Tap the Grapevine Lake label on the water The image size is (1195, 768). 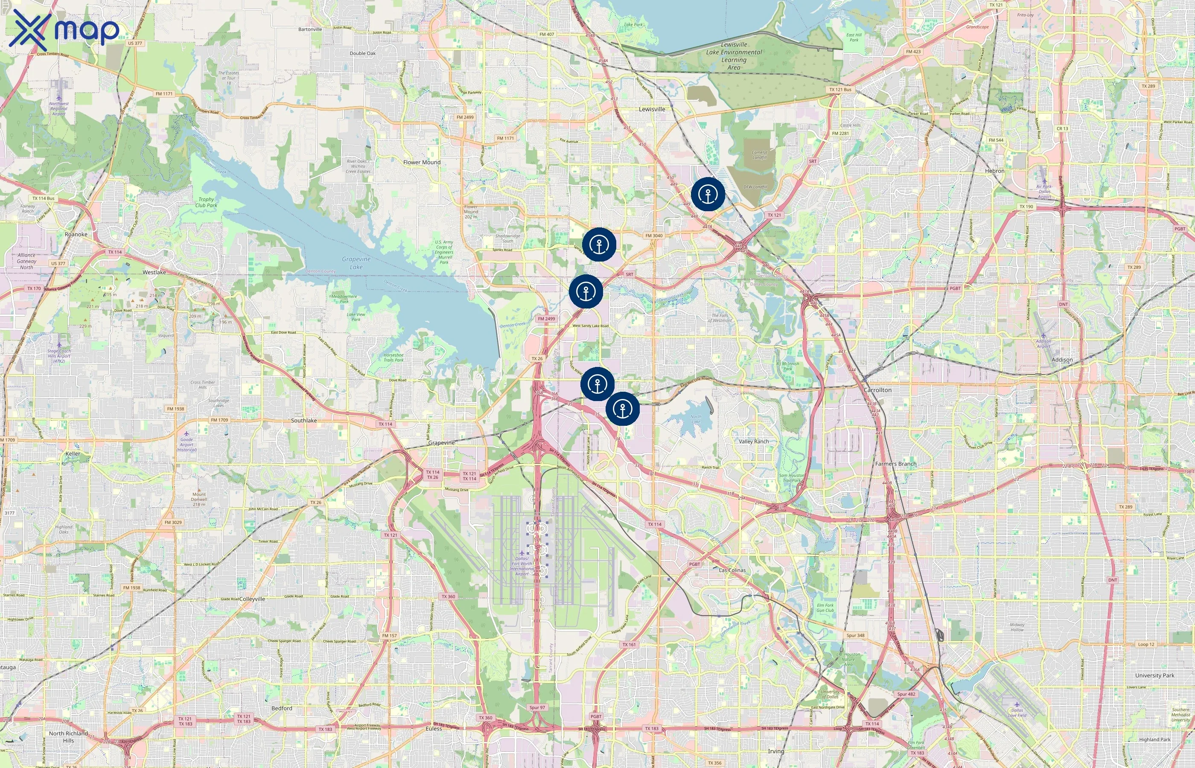356,263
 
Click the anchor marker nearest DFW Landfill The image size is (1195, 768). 708,194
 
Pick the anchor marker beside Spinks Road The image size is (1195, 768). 599,244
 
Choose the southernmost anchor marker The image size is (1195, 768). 622,408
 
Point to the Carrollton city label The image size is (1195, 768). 877,390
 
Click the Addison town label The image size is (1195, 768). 1062,360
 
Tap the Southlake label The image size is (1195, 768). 304,420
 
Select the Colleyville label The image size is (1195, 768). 252,599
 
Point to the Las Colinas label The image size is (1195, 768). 732,570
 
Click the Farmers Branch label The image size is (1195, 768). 896,464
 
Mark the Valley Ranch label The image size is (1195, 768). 754,441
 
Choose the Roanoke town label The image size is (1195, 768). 76,234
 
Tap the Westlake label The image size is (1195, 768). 154,272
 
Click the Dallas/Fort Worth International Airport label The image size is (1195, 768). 522,566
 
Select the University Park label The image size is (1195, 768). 1154,675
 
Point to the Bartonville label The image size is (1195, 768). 310,29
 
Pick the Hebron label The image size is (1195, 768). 994,171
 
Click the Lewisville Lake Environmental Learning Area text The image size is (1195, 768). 734,56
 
